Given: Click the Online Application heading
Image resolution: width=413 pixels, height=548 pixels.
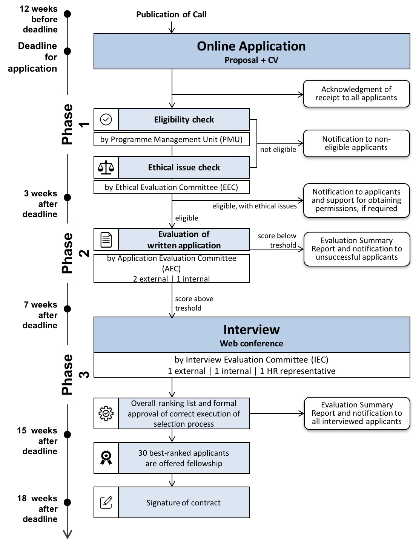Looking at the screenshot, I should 251,46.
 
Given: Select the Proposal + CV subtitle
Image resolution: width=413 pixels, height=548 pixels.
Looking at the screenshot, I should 251,60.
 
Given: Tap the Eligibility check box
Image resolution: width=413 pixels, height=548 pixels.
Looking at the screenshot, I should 184,119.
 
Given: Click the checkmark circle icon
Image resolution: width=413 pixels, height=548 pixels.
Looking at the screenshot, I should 106,119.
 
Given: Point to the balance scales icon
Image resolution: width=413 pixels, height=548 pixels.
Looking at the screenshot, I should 106,167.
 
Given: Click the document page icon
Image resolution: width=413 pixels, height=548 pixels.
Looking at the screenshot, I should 106,240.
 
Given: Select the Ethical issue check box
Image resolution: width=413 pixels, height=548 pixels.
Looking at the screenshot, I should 184,167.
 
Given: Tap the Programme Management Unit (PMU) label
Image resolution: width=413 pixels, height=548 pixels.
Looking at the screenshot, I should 171,139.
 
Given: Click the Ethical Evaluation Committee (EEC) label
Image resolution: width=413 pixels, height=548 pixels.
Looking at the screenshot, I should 171,187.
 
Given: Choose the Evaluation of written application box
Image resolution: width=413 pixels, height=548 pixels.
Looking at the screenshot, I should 184,240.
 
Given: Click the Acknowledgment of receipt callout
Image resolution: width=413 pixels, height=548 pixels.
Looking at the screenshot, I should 356,93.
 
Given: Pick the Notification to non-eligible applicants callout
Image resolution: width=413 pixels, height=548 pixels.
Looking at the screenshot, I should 356,143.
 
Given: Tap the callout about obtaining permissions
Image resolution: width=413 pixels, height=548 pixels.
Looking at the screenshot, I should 356,200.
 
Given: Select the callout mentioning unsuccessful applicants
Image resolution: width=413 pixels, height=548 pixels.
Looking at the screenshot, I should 356,249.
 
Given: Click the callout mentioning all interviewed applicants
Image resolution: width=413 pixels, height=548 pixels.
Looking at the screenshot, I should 356,413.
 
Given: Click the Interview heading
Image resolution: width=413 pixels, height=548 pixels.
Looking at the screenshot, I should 251,330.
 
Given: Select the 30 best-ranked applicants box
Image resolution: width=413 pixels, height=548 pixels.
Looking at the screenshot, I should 184,458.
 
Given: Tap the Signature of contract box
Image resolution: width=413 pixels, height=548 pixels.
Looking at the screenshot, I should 184,502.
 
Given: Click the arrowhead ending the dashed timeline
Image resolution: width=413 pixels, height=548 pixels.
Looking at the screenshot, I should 68,534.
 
